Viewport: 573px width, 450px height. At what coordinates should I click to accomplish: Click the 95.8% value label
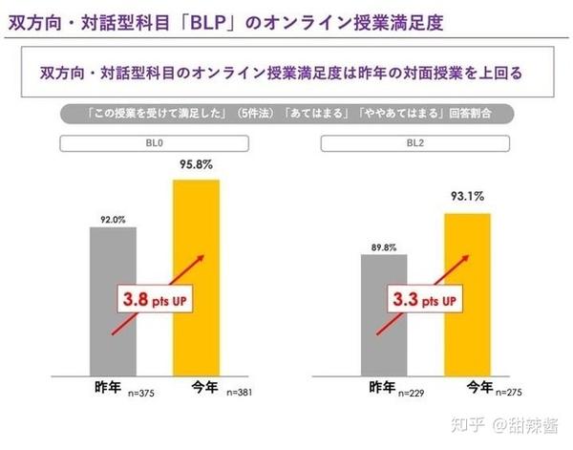point(195,163)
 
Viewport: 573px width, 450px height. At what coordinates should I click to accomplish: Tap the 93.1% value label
point(466,196)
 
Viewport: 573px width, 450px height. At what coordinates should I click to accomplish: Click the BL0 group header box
point(154,143)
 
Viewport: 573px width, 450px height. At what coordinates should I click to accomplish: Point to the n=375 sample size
point(141,393)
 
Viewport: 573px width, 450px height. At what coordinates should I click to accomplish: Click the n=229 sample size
point(412,393)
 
